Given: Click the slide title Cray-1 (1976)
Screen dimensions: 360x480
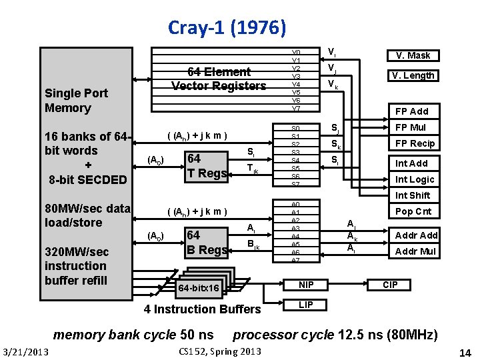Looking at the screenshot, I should tap(227, 27).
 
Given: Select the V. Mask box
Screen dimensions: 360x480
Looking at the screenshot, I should tap(413, 55).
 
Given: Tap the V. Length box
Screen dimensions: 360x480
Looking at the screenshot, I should tap(413, 75).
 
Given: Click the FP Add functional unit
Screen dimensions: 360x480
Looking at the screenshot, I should tap(412, 111).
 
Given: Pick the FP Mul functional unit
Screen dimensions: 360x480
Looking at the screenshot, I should tap(412, 127).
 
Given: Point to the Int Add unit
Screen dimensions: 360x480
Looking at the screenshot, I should tap(412, 163).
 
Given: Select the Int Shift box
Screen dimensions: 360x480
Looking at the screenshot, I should tap(412, 195).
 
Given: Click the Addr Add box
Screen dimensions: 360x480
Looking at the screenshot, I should tap(416, 235).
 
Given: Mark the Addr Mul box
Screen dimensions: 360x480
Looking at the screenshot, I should tap(416, 251).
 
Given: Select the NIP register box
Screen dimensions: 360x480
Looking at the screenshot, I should tap(306, 285).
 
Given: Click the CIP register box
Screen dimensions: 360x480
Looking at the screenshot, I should tap(390, 285).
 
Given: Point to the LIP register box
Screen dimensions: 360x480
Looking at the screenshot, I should tap(306, 305).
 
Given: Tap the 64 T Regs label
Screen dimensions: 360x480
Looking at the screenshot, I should tap(209, 166).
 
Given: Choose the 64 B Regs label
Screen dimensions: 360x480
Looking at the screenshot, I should tap(209, 243).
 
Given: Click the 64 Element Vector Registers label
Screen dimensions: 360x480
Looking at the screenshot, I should tap(219, 79).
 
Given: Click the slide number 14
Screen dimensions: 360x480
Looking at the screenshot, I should tap(465, 352).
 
